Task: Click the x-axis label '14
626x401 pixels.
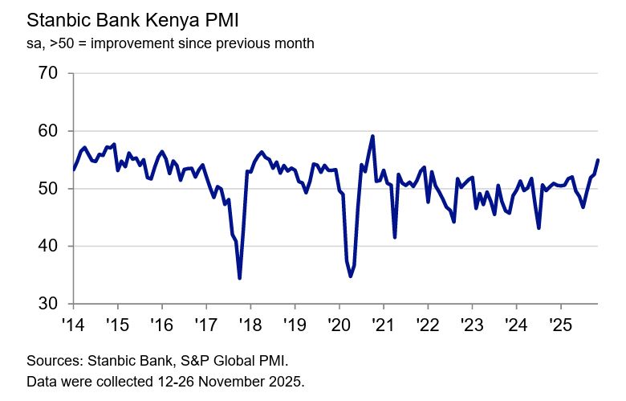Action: click(x=73, y=325)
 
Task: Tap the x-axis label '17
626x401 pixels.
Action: click(x=206, y=325)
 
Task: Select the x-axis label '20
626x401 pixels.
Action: click(x=339, y=325)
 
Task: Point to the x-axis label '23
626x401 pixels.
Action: click(x=472, y=325)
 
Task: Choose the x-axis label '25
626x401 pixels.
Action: click(x=560, y=325)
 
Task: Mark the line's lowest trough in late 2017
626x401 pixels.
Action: click(x=240, y=278)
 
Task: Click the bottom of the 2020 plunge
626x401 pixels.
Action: click(x=351, y=276)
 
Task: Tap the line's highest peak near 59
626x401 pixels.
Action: click(x=372, y=136)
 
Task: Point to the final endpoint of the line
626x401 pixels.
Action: click(x=598, y=160)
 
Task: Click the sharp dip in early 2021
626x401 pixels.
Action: click(x=395, y=236)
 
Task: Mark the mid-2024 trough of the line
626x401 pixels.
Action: click(x=539, y=227)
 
